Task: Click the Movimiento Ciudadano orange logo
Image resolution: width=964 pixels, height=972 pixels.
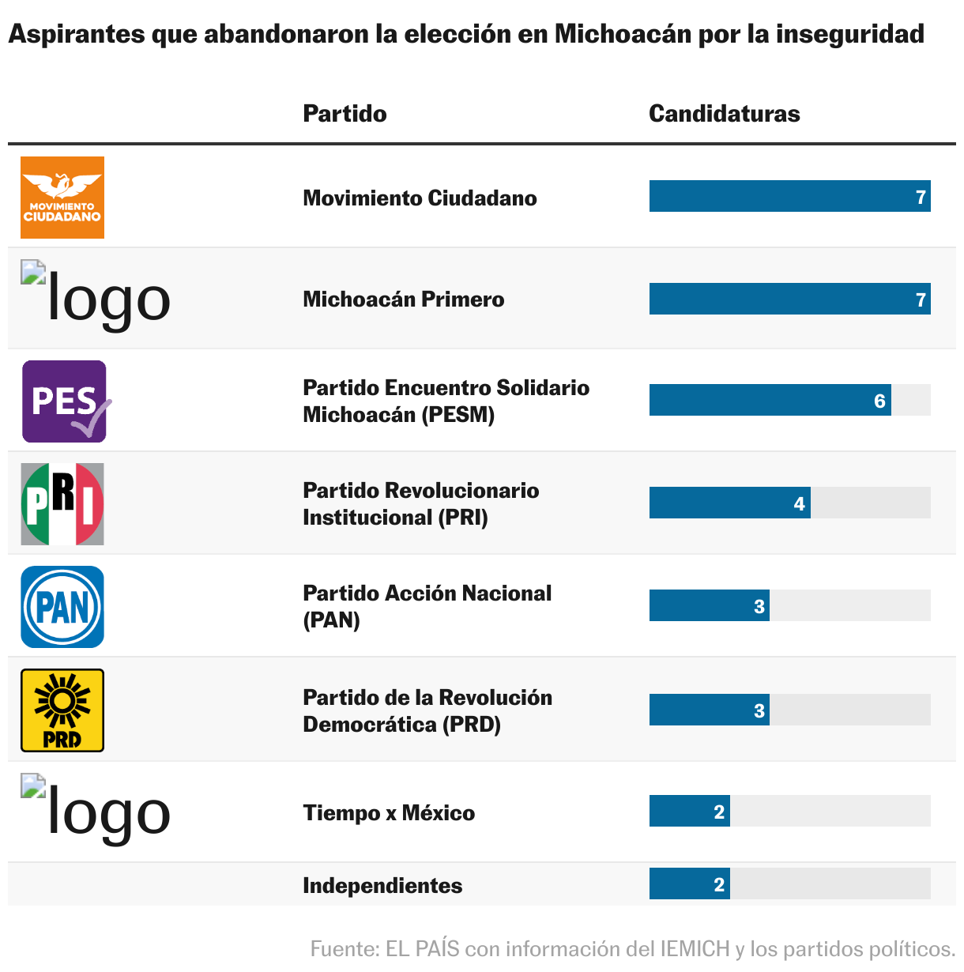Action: pyautogui.click(x=62, y=198)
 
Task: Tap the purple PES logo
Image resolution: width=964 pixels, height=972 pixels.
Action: pyautogui.click(x=64, y=401)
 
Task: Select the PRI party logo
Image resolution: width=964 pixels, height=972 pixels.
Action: pyautogui.click(x=62, y=504)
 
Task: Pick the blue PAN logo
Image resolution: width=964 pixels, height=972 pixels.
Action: pyautogui.click(x=62, y=607)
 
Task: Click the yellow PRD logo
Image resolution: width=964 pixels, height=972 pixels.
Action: pyautogui.click(x=62, y=710)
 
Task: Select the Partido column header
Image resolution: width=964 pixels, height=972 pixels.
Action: pyautogui.click(x=345, y=114)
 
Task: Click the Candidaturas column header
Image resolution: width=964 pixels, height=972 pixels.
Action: pyautogui.click(x=724, y=114)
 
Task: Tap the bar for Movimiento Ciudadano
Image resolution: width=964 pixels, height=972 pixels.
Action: pyautogui.click(x=789, y=196)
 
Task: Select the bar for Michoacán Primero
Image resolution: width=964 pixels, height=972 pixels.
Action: pyautogui.click(x=789, y=299)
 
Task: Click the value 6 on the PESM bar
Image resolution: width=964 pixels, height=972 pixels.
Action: pyautogui.click(x=879, y=401)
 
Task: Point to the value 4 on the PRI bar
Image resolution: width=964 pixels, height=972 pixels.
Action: pyautogui.click(x=799, y=503)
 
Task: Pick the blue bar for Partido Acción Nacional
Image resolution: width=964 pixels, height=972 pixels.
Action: pyautogui.click(x=709, y=605)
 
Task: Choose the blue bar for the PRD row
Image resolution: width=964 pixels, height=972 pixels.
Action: pyautogui.click(x=709, y=710)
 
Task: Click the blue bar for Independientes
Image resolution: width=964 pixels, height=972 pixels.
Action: pyautogui.click(x=689, y=883)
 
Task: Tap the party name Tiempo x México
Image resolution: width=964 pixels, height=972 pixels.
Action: pyautogui.click(x=389, y=812)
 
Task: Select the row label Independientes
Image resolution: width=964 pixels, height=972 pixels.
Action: pyautogui.click(x=382, y=885)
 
